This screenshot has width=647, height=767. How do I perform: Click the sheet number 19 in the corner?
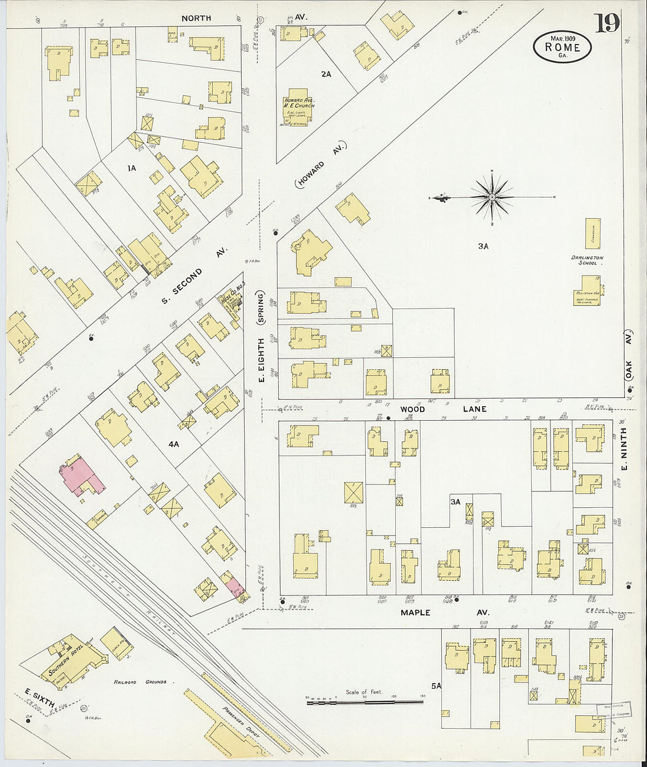click(606, 23)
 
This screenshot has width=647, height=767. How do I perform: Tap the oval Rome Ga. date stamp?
click(562, 46)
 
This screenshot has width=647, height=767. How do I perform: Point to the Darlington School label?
click(587, 260)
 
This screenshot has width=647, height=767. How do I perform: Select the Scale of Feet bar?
click(364, 702)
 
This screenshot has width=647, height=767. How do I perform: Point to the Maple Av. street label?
click(444, 612)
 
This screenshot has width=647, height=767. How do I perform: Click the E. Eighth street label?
click(261, 359)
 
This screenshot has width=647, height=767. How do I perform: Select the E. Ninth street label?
click(624, 448)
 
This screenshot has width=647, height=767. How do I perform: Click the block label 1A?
click(131, 168)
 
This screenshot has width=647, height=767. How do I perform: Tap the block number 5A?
click(436, 685)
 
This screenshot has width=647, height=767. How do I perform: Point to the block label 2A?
click(326, 74)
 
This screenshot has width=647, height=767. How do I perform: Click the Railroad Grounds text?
click(141, 682)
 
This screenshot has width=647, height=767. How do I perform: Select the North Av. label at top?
click(196, 18)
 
